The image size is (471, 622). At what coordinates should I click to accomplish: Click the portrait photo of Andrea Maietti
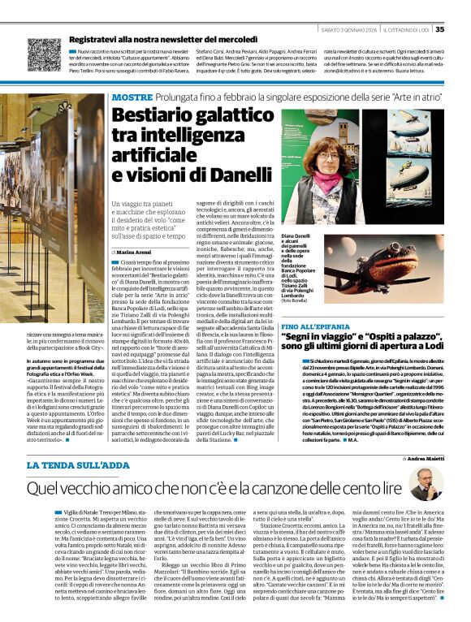426,483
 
